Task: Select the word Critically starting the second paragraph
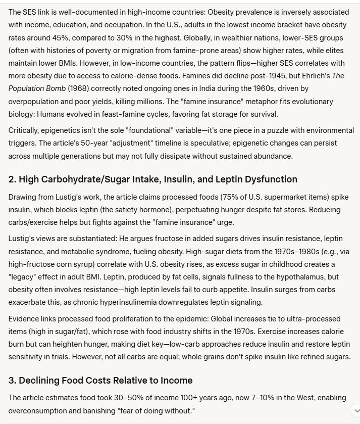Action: (25, 130)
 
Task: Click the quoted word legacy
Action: (24, 276)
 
